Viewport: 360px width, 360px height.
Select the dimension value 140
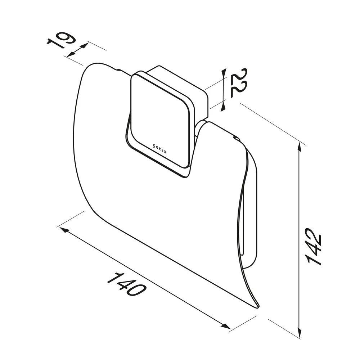coord(126,284)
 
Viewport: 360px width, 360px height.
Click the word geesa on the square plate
coord(160,149)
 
